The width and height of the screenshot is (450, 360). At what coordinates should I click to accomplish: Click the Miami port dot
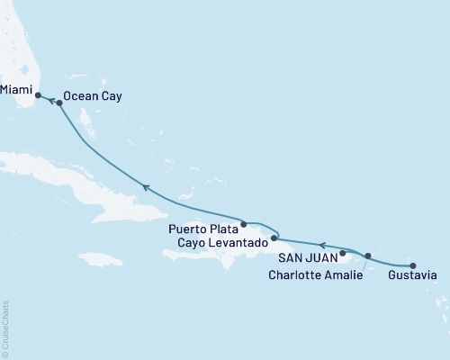38,94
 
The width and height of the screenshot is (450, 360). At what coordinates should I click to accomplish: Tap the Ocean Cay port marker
59,103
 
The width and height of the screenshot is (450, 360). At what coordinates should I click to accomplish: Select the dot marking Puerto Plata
244,223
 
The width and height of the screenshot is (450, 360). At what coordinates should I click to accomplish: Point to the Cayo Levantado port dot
274,238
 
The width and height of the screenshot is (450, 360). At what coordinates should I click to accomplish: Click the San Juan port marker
343,253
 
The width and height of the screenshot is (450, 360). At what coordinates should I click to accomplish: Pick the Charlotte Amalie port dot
368,256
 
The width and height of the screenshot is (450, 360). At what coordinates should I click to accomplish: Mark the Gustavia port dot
413,265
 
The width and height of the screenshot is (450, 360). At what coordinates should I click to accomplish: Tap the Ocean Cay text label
94,94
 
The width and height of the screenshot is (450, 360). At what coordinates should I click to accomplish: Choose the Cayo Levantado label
219,243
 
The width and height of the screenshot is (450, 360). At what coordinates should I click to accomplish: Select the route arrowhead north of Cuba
144,187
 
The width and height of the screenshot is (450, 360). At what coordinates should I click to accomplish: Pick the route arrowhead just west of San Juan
321,243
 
